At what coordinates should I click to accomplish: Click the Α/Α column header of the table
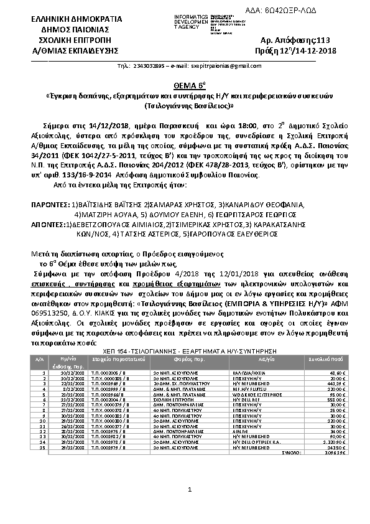39,359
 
